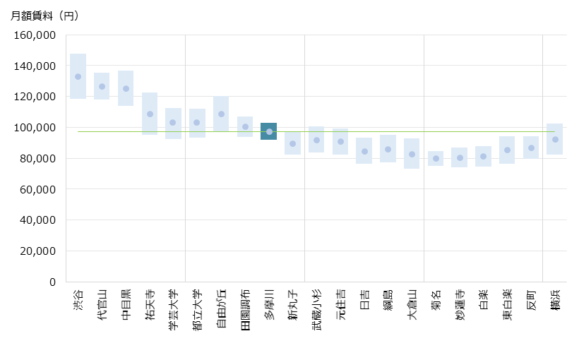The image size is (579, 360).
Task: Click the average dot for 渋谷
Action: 78,77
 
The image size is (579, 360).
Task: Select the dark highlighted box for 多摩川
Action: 268,131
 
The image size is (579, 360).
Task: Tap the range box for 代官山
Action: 102,86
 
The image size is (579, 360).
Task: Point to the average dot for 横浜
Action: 555,140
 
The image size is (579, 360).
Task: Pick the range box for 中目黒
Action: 126,88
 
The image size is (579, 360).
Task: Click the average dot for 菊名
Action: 436,157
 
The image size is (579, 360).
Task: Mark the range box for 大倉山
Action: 412,153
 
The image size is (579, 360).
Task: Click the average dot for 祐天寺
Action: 150,114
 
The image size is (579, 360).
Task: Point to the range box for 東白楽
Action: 507,150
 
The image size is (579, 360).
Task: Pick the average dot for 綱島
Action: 388,149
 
